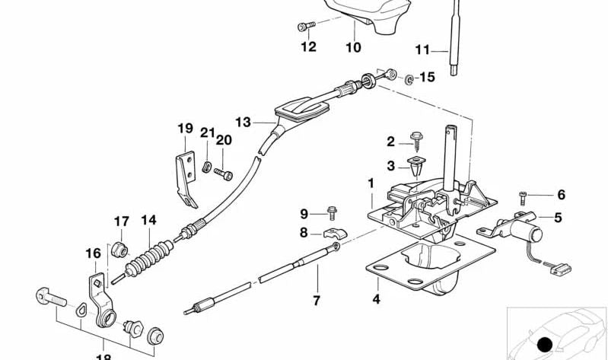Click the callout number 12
[307, 47]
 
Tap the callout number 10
[353, 47]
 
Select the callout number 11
[422, 51]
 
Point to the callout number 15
[426, 77]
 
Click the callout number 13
[243, 122]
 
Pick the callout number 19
[186, 129]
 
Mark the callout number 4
[376, 300]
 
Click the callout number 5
[558, 218]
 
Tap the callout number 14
[148, 221]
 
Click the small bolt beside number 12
[305, 27]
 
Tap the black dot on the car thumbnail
[544, 345]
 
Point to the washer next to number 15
[409, 78]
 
